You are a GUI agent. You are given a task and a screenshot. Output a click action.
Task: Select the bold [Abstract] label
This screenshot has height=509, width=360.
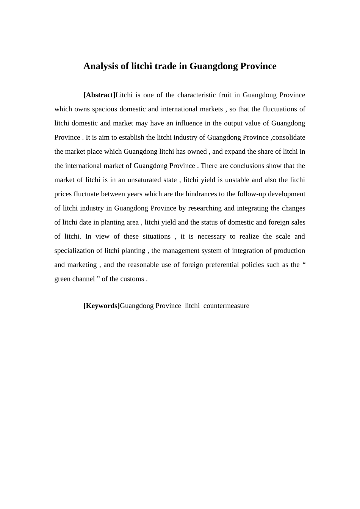(99, 95)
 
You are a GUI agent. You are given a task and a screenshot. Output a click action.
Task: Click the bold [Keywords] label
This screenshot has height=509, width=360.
(102, 306)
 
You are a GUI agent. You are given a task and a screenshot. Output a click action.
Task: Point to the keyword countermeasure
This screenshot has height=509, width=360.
(226, 306)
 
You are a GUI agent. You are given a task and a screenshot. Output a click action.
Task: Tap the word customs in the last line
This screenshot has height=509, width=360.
(132, 279)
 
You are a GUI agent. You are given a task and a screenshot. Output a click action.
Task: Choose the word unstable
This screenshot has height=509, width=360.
(237, 180)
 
